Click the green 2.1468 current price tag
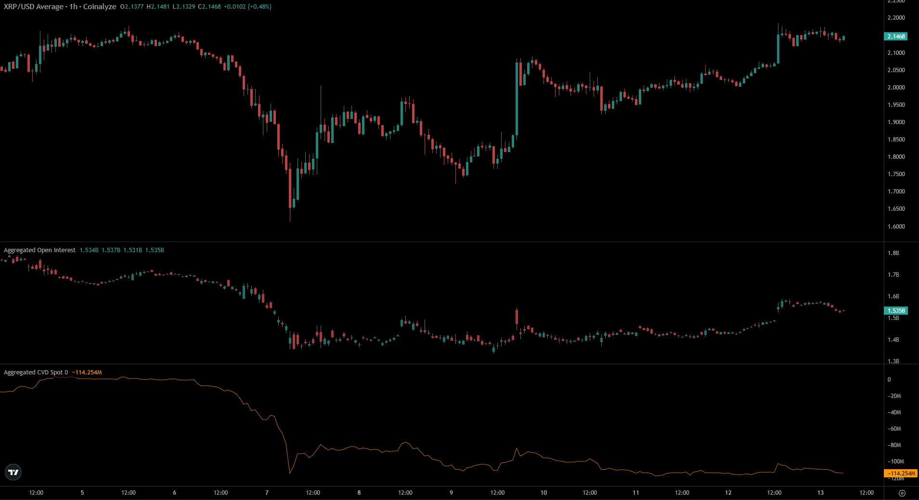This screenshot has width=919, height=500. coord(896,37)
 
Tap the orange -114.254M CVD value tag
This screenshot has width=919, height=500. coord(902,474)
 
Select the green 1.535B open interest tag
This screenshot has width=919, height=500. coord(896,311)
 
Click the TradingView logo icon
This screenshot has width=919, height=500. coord(13,473)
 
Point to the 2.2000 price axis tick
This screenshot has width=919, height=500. coord(896,18)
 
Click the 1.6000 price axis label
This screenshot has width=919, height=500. coord(896,227)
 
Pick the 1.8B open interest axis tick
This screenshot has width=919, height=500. coord(893,253)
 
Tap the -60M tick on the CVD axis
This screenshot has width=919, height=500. coord(894,429)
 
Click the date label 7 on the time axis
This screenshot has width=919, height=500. coord(267,493)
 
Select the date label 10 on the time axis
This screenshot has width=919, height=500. coord(544,493)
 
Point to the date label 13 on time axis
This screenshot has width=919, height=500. coord(820,493)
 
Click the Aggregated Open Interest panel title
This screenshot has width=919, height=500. coord(39,250)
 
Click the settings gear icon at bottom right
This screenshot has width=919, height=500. coord(902,493)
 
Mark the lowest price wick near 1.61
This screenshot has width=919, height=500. coord(290,220)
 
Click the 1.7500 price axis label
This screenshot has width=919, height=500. coord(896,174)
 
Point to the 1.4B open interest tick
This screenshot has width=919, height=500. coord(893,340)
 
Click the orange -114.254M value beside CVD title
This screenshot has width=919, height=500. coord(87,372)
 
